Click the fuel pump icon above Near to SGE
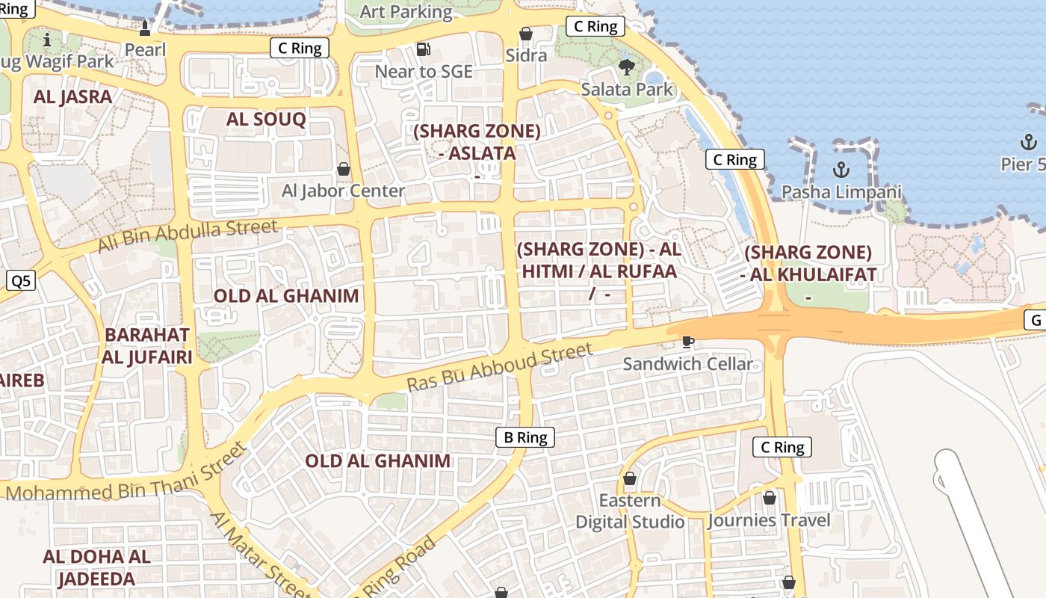pyautogui.click(x=423, y=49)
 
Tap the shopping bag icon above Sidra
pyautogui.click(x=526, y=34)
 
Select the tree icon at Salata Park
pyautogui.click(x=626, y=67)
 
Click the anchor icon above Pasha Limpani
pyautogui.click(x=841, y=170)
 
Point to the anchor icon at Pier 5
pyautogui.click(x=1029, y=142)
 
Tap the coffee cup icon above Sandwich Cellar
pyautogui.click(x=688, y=342)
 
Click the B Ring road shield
pyautogui.click(x=525, y=437)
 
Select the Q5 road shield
pyautogui.click(x=21, y=281)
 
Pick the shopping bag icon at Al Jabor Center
pyautogui.click(x=344, y=169)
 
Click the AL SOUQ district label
pyautogui.click(x=266, y=120)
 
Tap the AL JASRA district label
pyautogui.click(x=72, y=96)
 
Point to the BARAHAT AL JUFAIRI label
pyautogui.click(x=147, y=345)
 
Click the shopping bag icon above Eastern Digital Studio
pyautogui.click(x=630, y=478)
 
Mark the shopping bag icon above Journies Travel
pyautogui.click(x=770, y=498)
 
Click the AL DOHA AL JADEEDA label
pyautogui.click(x=96, y=567)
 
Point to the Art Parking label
pyautogui.click(x=406, y=12)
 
